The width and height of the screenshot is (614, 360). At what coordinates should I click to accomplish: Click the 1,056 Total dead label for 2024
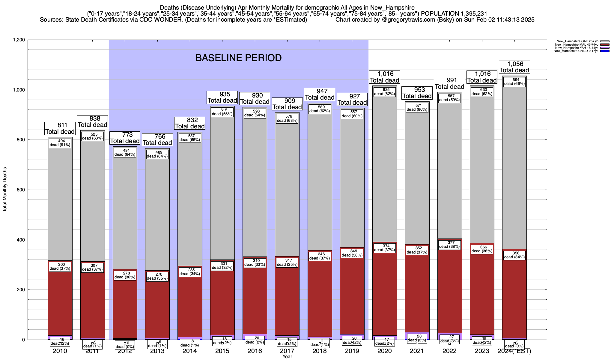[514, 67]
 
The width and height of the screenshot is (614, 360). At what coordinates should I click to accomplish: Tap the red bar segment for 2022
[449, 288]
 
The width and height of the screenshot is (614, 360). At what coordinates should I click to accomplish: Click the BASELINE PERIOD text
[238, 58]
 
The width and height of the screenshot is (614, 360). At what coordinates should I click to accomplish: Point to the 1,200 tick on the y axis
[19, 40]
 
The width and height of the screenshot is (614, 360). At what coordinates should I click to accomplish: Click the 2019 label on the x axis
[352, 351]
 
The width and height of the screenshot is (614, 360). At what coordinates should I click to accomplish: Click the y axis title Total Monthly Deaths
[5, 190]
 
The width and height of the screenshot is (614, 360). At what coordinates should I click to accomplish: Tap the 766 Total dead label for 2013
[157, 140]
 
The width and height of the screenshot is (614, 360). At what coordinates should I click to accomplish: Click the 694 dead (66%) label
[514, 82]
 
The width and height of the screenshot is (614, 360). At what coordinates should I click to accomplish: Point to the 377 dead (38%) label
[449, 244]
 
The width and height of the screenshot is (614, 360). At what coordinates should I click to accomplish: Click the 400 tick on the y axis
[21, 240]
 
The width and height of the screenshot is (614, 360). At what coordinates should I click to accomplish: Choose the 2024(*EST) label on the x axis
[514, 351]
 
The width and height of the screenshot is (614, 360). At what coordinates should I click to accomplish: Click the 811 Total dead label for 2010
[60, 128]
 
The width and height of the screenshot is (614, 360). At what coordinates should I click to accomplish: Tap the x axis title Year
[287, 357]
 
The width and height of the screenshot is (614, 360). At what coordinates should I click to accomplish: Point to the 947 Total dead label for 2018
[320, 94]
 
